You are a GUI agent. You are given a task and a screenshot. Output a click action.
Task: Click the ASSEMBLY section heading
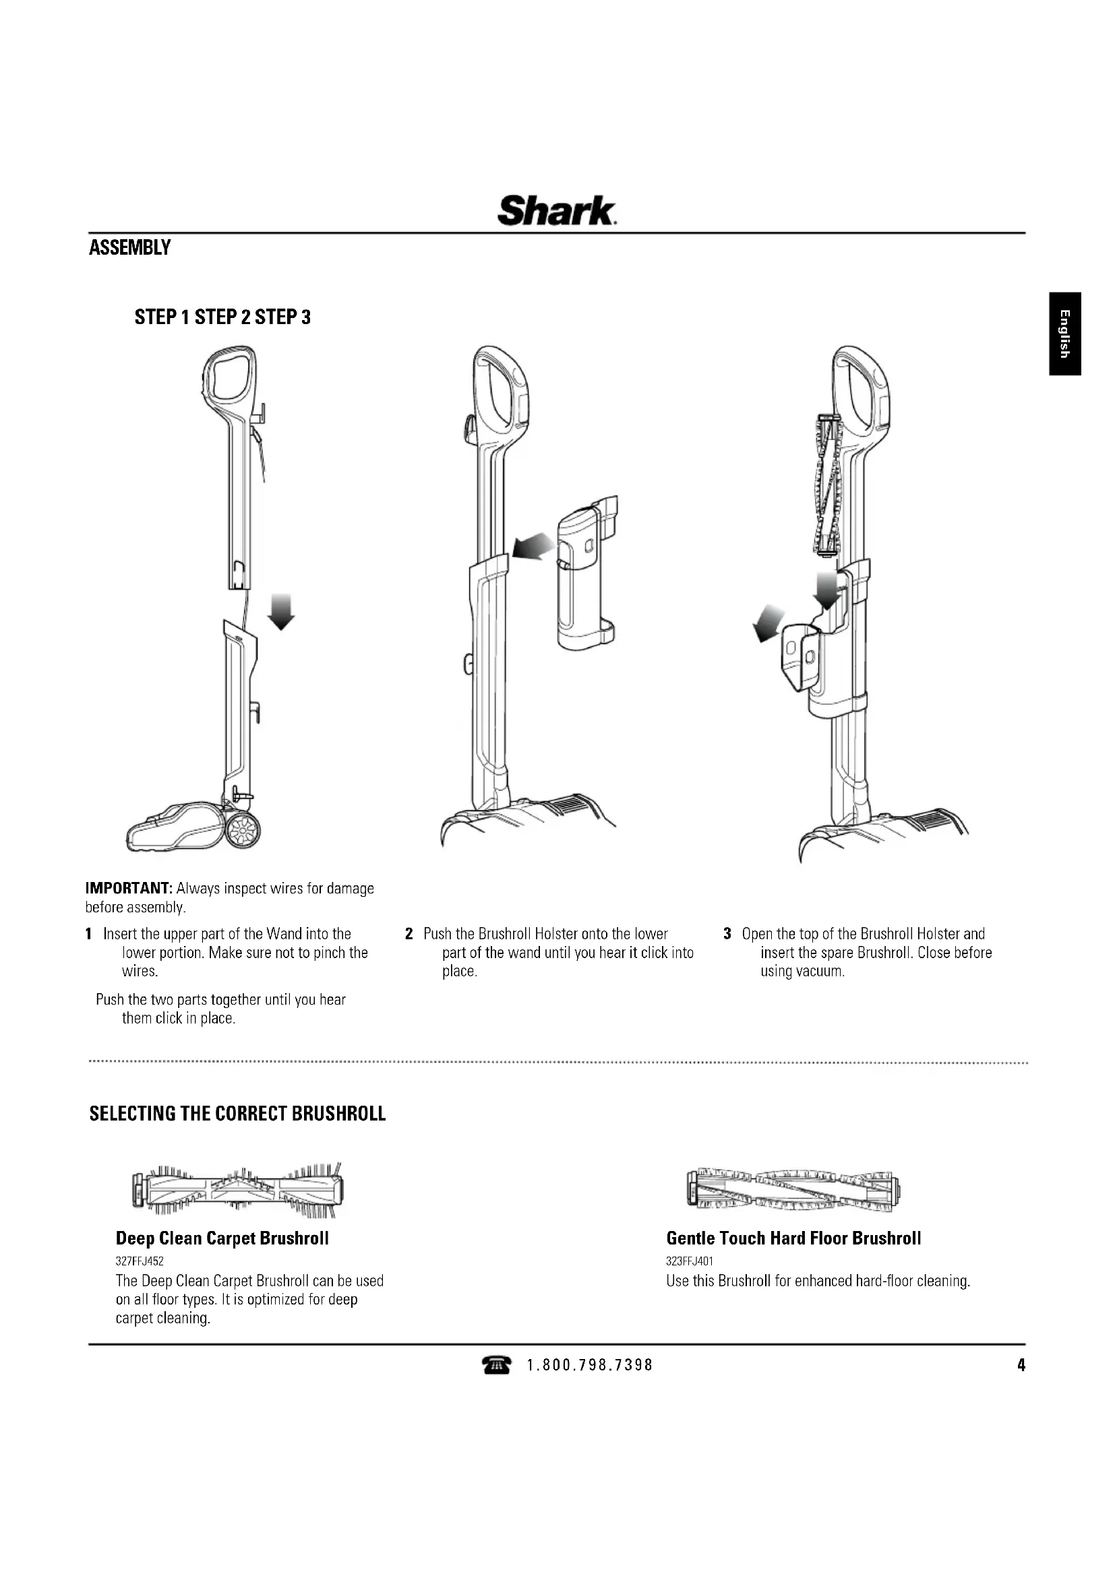click(x=129, y=248)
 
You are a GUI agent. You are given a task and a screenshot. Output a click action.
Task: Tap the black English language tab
click(x=1065, y=334)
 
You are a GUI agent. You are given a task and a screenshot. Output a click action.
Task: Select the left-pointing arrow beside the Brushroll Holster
click(x=533, y=547)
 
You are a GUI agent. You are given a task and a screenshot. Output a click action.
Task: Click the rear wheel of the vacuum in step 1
click(x=244, y=832)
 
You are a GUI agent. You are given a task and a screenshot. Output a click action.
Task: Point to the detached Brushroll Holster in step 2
click(x=585, y=575)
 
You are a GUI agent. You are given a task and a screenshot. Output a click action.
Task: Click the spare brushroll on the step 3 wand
click(x=826, y=485)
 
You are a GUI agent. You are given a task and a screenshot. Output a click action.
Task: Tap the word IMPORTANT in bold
click(x=128, y=889)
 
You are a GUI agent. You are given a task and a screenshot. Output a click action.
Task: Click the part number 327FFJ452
click(x=140, y=1261)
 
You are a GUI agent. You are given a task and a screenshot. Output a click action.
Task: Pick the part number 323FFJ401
click(x=690, y=1261)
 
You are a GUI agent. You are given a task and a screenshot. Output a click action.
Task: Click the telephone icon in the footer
click(x=496, y=1366)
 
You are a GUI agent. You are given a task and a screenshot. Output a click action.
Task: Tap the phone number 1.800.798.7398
click(x=590, y=1366)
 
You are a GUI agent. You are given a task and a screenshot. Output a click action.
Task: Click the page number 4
click(x=1021, y=1366)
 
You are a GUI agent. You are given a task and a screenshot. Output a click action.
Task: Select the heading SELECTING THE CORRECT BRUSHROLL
click(x=237, y=1113)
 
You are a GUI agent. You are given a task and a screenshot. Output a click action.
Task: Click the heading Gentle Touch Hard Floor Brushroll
click(x=793, y=1238)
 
